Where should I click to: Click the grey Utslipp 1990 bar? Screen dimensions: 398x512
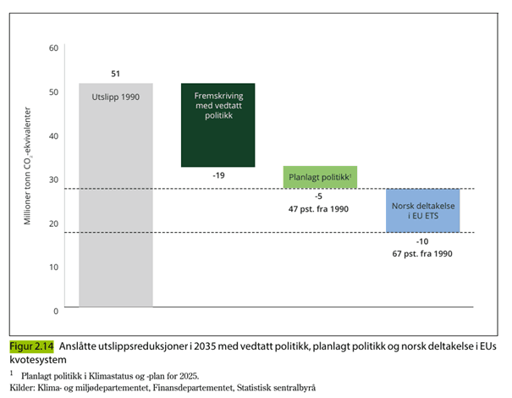click(116, 195)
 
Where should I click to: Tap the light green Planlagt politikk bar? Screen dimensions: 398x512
click(320, 177)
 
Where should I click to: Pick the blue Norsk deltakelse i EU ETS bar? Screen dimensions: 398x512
click(422, 210)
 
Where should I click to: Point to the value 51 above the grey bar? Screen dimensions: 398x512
click(115, 74)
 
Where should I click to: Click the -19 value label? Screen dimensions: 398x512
click(218, 174)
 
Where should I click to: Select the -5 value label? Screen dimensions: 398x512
click(320, 196)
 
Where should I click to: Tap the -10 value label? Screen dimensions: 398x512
click(422, 241)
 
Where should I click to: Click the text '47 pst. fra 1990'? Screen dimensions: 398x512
click(320, 208)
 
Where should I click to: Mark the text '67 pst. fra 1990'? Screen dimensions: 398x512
click(422, 253)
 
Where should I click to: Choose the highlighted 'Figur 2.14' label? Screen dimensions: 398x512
click(31, 346)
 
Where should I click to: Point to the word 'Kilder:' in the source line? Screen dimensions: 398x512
click(24, 387)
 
